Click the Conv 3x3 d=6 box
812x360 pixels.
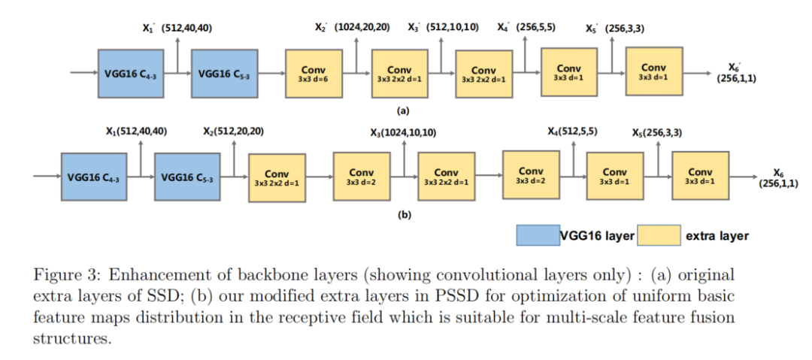coord(313,73)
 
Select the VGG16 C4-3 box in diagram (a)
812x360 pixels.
coord(130,73)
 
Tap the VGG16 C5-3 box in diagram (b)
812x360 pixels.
coord(187,178)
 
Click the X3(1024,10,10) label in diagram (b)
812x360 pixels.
coord(403,132)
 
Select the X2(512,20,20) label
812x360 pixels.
coord(233,132)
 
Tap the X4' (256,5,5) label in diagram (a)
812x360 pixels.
coord(526,28)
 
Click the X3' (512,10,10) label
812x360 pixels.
coord(443,28)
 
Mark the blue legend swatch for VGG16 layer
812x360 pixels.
coord(538,236)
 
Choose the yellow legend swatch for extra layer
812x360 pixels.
coord(659,236)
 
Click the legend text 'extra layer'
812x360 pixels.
coord(717,236)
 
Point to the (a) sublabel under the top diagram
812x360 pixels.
coord(403,110)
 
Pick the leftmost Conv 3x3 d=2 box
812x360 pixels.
coord(362,177)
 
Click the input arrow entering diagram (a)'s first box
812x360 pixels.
coord(83,73)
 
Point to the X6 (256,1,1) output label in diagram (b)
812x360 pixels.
coord(778,178)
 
